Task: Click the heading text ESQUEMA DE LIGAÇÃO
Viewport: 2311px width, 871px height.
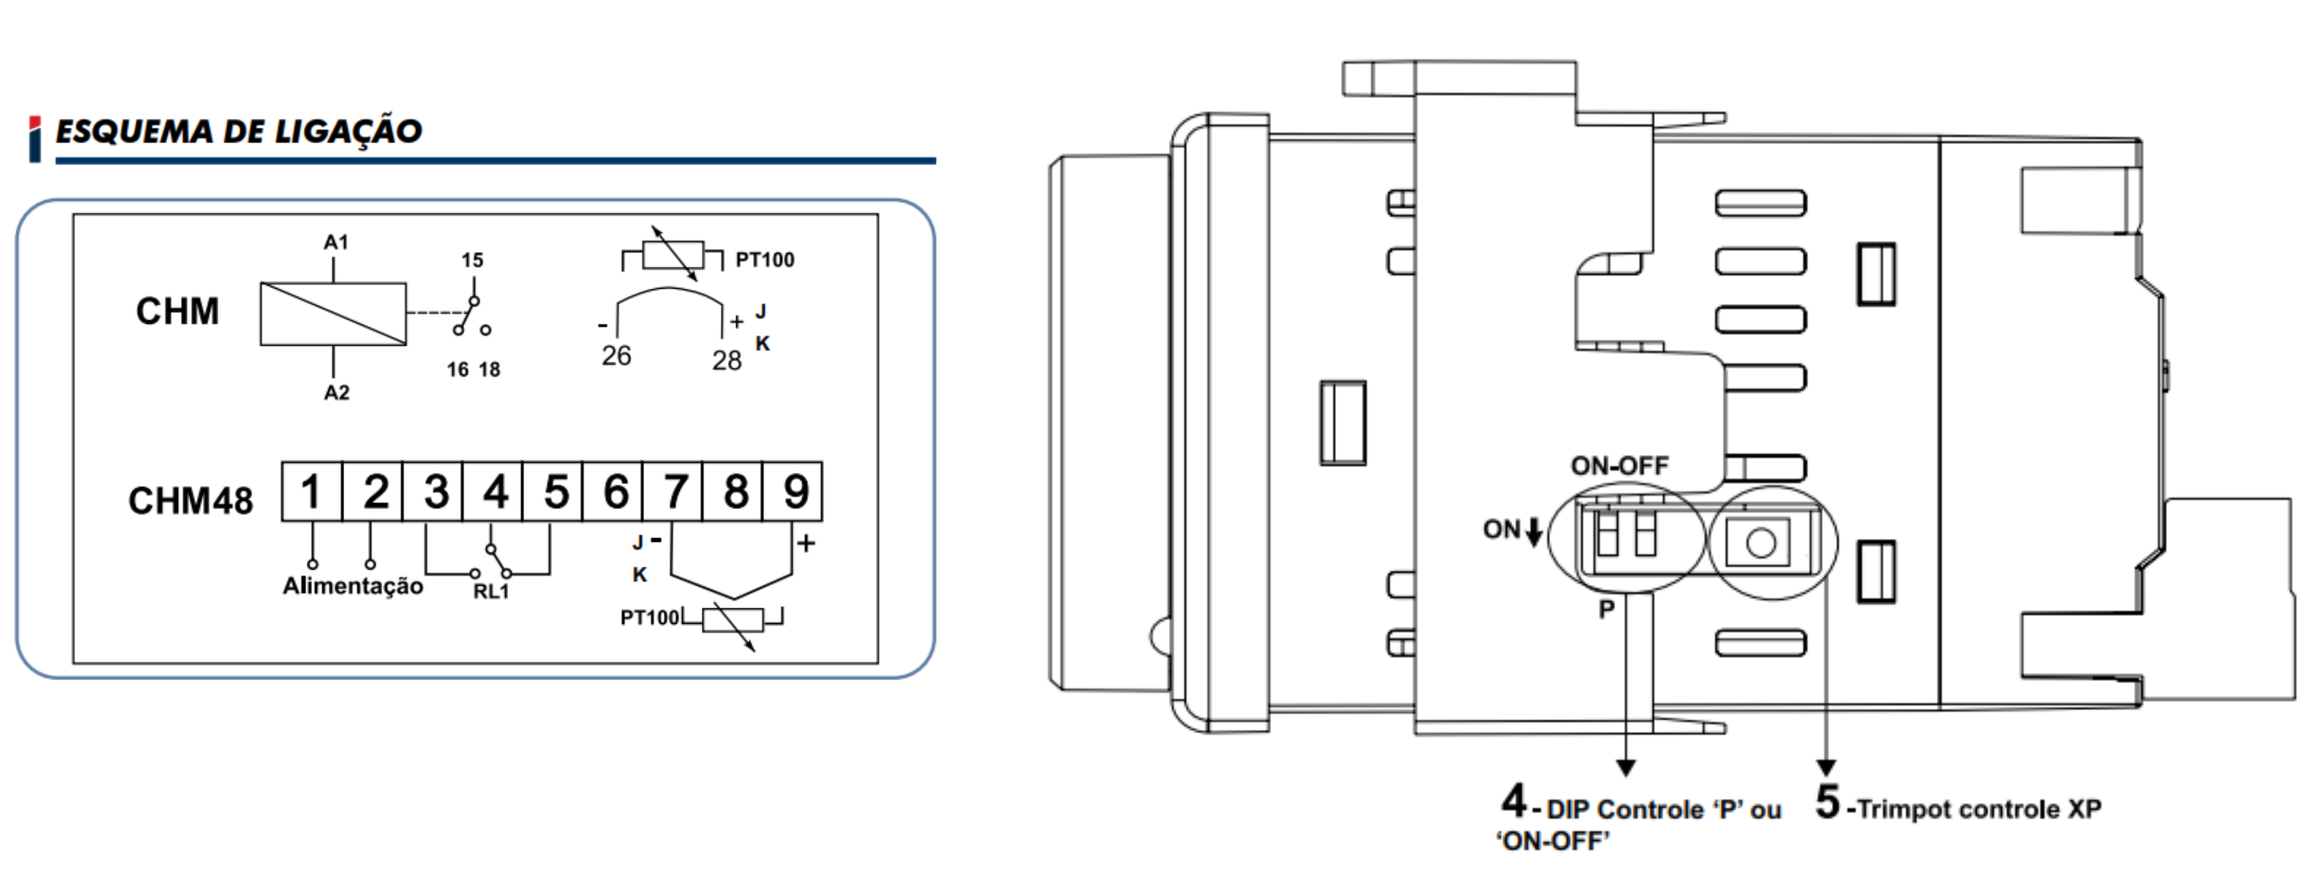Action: (239, 132)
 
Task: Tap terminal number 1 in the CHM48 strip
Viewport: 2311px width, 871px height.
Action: (311, 492)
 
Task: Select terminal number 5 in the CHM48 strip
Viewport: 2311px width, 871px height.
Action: (556, 492)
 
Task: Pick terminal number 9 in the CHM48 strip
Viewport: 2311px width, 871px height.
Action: (796, 492)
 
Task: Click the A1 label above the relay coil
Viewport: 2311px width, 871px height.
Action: (336, 242)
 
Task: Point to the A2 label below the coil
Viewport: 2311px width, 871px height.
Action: (336, 393)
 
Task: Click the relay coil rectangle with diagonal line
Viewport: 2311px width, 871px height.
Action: (333, 314)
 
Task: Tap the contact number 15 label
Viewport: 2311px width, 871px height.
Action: (472, 260)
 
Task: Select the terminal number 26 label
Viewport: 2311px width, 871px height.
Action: (616, 356)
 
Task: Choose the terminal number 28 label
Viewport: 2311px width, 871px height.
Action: (727, 360)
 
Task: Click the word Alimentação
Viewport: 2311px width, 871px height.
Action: (353, 586)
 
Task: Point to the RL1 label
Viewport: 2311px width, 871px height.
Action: (491, 592)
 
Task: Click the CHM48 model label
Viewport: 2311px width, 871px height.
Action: (190, 501)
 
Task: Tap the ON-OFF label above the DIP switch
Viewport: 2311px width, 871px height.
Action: (1619, 466)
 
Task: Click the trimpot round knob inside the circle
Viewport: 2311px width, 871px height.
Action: (1761, 543)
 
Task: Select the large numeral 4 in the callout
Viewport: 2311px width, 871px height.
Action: (1514, 800)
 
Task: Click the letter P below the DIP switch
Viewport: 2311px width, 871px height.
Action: (1606, 610)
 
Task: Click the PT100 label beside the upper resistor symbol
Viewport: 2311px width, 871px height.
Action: (764, 260)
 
